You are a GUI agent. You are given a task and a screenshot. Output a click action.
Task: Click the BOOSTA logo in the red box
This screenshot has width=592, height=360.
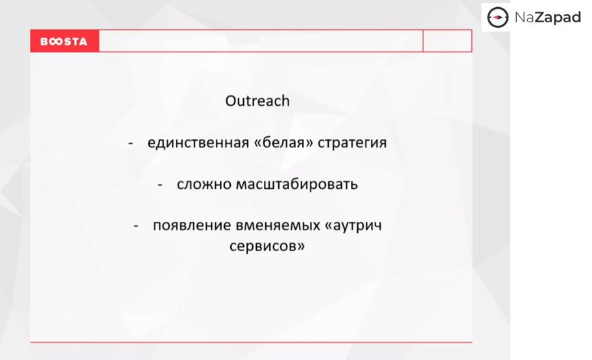[64, 41]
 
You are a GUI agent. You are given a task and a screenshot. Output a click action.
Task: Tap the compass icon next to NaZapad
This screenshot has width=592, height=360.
[497, 18]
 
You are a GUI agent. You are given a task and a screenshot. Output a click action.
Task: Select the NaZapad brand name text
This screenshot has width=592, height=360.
[547, 18]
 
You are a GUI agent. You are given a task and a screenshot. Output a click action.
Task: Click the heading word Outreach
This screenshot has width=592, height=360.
[257, 101]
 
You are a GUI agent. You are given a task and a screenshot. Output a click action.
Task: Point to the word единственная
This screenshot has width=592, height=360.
[198, 143]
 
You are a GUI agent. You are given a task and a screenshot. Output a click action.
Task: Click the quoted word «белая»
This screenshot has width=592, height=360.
[283, 143]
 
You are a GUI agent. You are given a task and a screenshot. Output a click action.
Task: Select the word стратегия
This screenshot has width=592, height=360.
[352, 143]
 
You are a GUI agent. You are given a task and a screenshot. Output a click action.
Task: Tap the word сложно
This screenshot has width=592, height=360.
[204, 184]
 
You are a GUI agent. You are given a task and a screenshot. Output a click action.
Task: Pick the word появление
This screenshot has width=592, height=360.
[192, 226]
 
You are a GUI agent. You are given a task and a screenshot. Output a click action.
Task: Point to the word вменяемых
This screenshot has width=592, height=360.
[278, 226]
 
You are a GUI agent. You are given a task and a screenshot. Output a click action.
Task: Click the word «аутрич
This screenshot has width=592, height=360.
[353, 226]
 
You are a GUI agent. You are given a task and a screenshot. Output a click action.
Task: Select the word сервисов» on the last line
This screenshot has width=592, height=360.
[267, 246]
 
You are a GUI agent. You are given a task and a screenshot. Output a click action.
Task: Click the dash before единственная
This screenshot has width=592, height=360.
[130, 143]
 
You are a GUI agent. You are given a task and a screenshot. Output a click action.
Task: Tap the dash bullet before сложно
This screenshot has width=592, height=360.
[160, 185]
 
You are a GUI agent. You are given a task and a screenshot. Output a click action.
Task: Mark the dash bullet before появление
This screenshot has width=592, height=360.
[136, 226]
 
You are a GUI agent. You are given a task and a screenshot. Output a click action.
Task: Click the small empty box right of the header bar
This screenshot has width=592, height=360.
[447, 41]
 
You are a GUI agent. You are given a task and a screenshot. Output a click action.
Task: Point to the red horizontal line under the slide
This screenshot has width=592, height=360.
[251, 342]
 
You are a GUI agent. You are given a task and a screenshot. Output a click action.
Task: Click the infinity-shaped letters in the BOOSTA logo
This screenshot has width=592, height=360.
[55, 41]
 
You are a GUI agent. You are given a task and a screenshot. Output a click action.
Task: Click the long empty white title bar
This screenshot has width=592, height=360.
[261, 41]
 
